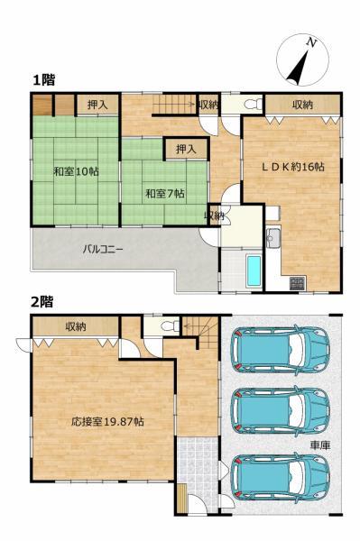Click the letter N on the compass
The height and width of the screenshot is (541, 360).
[311, 42]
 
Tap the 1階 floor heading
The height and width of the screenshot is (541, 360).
[44, 80]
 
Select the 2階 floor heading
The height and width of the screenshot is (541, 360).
[42, 302]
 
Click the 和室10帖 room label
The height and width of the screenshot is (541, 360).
[76, 171]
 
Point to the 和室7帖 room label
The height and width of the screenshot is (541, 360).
[164, 194]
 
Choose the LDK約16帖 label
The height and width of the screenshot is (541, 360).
[292, 167]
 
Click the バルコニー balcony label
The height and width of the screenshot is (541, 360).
[103, 249]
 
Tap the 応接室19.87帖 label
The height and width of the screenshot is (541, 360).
[107, 421]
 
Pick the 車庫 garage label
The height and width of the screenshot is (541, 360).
[320, 445]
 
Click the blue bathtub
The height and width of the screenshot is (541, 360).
[254, 270]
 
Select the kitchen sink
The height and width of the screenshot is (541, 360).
[273, 237]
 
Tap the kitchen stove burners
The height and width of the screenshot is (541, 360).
[297, 283]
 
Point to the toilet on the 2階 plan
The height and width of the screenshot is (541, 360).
[171, 326]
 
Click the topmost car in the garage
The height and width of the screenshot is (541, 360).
[280, 350]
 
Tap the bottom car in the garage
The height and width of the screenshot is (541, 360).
[280, 476]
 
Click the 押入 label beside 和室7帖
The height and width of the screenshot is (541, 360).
[186, 149]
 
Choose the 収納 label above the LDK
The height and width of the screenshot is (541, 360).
[302, 105]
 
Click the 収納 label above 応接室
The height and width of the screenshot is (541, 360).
[76, 326]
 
